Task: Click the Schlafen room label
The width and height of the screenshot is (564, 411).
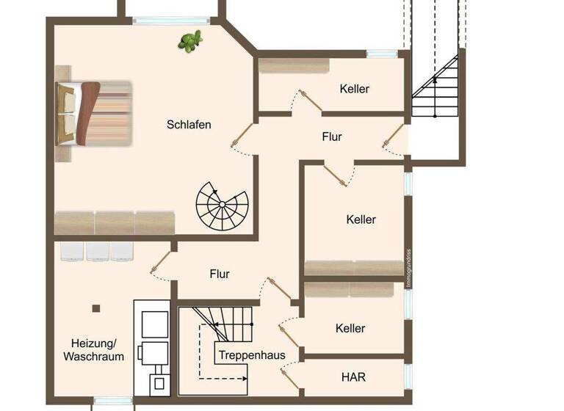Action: click(189, 125)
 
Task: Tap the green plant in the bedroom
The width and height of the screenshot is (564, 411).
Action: click(190, 41)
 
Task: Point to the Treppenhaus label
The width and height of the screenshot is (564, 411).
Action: click(251, 355)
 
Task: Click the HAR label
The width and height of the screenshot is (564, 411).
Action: click(353, 377)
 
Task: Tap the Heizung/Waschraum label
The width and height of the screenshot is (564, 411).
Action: click(93, 349)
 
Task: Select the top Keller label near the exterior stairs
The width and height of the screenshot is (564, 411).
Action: click(355, 89)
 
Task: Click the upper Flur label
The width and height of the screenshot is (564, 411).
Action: click(332, 137)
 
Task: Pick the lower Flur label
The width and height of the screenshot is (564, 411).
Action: click(220, 274)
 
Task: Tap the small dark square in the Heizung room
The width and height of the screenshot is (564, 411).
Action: click(95, 308)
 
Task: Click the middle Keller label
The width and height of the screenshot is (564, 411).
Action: click(361, 219)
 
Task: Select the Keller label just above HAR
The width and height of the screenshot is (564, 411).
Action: click(350, 328)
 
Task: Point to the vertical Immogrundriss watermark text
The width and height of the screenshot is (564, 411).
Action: click(409, 272)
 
